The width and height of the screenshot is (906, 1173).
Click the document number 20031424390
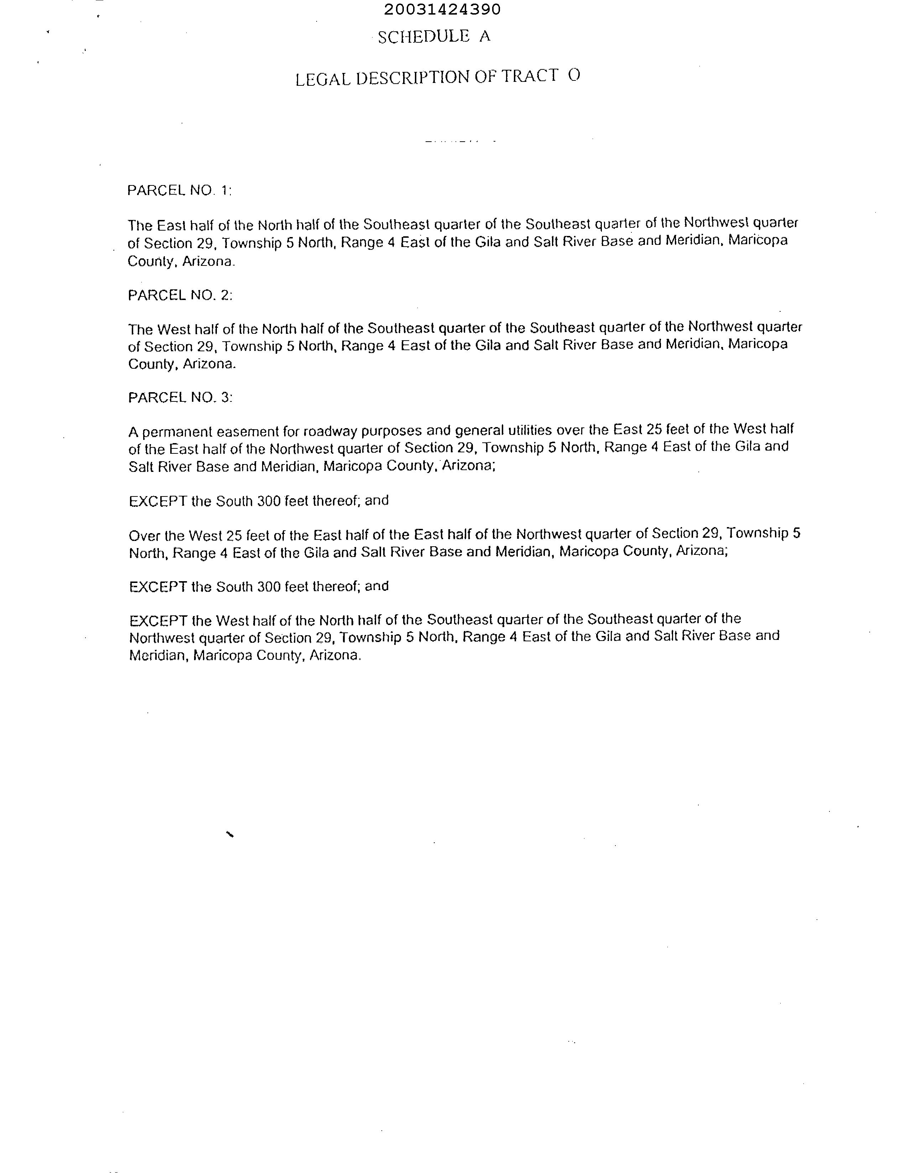click(x=442, y=9)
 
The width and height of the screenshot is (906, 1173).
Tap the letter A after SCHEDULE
click(x=485, y=36)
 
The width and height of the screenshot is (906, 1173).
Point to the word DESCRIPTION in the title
click(x=413, y=78)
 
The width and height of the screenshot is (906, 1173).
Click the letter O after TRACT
click(x=574, y=75)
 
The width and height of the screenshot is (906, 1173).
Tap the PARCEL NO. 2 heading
click(x=180, y=295)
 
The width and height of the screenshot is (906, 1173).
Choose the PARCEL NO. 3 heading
click(x=180, y=398)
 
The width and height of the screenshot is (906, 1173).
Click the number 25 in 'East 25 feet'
click(x=654, y=429)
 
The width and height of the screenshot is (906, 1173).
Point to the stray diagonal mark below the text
click(x=230, y=834)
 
